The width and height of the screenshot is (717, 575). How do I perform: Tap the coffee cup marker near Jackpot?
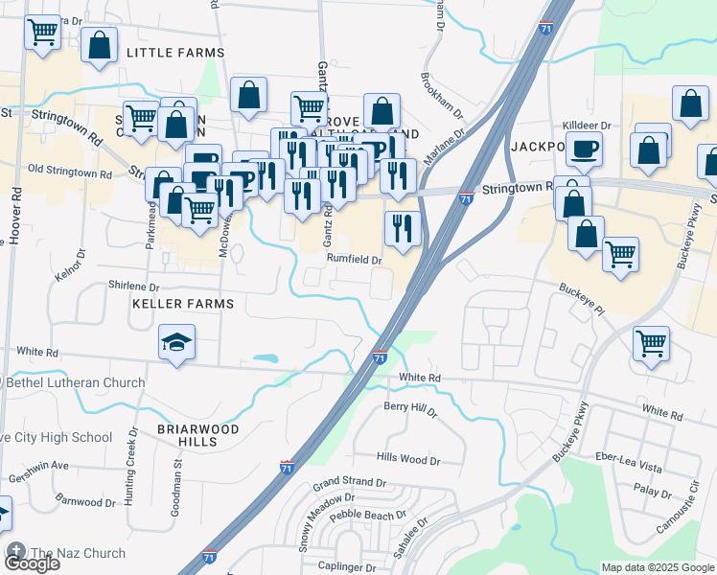point(584,149)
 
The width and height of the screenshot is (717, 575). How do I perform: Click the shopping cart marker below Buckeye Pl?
point(652,342)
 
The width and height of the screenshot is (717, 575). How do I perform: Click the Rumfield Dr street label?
point(355,259)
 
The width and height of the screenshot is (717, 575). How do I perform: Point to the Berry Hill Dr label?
point(410,410)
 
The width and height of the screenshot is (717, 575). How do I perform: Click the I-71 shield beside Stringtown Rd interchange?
point(465,198)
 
